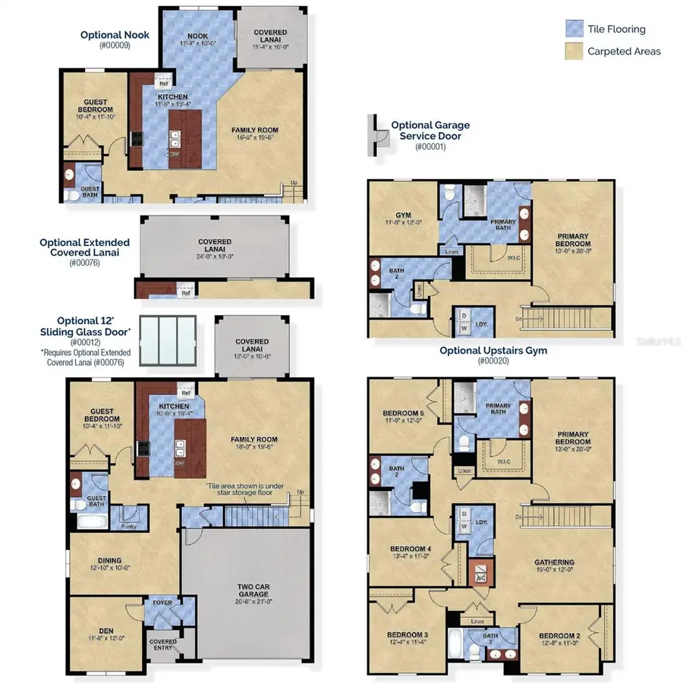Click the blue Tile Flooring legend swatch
click(x=574, y=30)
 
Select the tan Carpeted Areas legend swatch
click(x=574, y=52)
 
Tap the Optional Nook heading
click(x=115, y=35)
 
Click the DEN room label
click(x=106, y=629)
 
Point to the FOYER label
click(x=162, y=604)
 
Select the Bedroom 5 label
click(x=403, y=415)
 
